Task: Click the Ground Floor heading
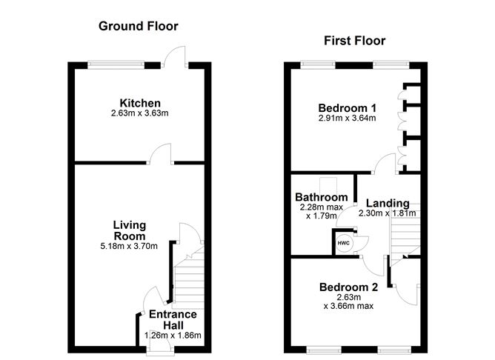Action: [139, 27]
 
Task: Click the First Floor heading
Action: [354, 41]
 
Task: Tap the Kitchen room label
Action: [140, 103]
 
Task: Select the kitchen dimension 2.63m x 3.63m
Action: [140, 113]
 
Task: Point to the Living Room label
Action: [130, 230]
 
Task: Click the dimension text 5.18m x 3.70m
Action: [130, 246]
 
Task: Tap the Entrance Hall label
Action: [173, 319]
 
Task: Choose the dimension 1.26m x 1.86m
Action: [173, 335]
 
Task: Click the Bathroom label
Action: [322, 197]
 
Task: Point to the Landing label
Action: [388, 203]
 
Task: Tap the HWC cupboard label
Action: [343, 242]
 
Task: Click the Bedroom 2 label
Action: [349, 287]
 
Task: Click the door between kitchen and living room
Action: [160, 155]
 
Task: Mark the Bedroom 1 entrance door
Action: [383, 164]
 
